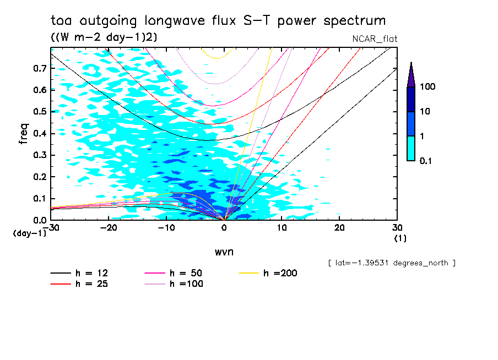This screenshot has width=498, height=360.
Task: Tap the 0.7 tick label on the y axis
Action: [39, 68]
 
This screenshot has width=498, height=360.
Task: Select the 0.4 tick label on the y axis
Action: [39, 134]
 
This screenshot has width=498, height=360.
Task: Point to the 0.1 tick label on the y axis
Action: [39, 199]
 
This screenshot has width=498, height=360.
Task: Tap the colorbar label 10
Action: [425, 112]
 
